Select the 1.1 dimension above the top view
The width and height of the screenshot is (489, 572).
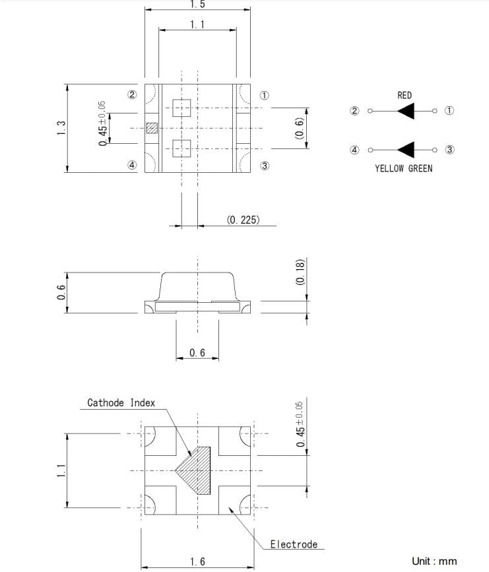(197, 24)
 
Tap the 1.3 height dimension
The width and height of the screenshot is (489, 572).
(61, 128)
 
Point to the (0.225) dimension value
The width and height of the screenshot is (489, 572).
(243, 220)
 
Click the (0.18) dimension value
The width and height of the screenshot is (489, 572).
(300, 272)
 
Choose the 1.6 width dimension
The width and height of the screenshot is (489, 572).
(197, 561)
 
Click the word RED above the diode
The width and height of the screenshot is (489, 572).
(405, 96)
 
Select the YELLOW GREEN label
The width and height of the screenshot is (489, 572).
(403, 168)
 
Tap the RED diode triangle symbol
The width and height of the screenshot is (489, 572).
(405, 111)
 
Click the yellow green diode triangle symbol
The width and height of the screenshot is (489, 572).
(405, 150)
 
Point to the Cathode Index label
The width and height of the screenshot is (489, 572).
(121, 402)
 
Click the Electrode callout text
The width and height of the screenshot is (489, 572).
(294, 544)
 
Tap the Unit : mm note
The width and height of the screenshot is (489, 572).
(434, 561)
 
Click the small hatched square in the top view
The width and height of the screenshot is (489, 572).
(152, 128)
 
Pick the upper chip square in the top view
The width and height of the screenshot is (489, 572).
(181, 108)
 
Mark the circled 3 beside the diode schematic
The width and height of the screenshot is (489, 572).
(449, 150)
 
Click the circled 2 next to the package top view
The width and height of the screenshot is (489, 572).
(132, 95)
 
